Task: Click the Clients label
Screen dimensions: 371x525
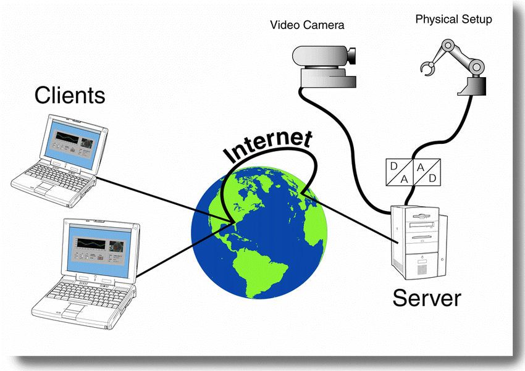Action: pyautogui.click(x=69, y=96)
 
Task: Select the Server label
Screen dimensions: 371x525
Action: pyautogui.click(x=426, y=298)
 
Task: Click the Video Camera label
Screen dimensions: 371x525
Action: pyautogui.click(x=307, y=25)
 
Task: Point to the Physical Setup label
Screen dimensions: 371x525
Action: pyautogui.click(x=453, y=19)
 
